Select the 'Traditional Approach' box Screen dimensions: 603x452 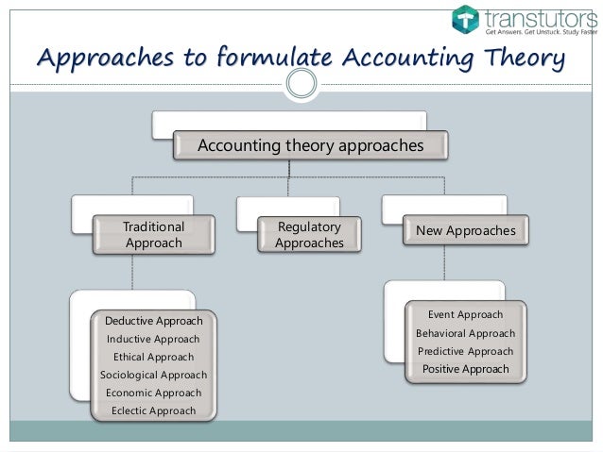[154, 235]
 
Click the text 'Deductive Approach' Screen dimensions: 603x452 [153, 321]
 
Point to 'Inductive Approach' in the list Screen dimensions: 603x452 [153, 339]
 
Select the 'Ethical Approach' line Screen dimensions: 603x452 [153, 357]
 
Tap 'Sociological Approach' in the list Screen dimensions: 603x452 [153, 375]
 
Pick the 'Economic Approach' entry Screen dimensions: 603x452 [153, 393]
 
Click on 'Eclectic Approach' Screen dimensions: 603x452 [153, 410]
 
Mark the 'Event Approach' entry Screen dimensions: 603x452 [465, 314]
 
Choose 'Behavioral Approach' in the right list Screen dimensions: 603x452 [465, 333]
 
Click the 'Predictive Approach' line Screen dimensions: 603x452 [465, 351]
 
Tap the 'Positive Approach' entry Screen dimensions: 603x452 [465, 369]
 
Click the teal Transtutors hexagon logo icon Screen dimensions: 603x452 [465, 19]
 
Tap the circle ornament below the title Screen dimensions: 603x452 [301, 84]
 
